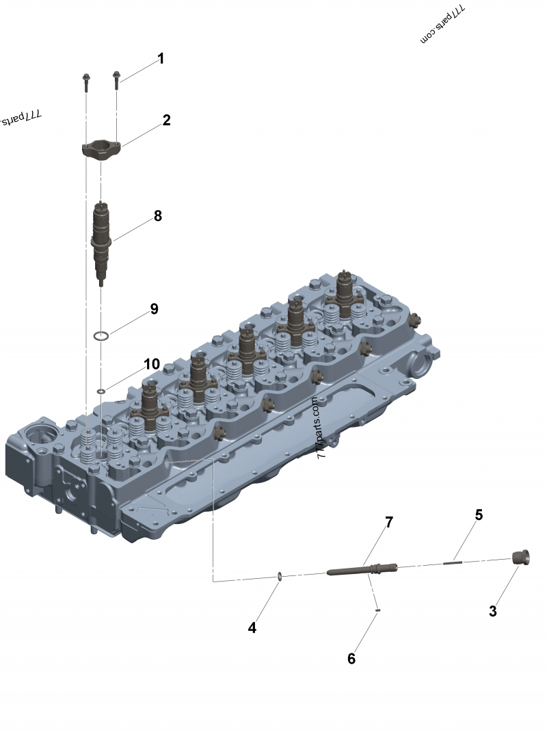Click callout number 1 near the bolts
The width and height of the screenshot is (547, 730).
tap(161, 59)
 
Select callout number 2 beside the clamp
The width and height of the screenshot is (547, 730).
tap(167, 120)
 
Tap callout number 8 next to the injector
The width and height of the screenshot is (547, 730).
tap(158, 216)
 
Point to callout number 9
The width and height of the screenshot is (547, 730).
tap(154, 309)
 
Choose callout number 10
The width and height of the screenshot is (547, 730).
tap(152, 364)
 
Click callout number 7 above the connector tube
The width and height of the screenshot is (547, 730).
tap(389, 523)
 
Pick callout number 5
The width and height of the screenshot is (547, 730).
tap(479, 515)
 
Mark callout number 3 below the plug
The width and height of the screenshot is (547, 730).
tap(492, 611)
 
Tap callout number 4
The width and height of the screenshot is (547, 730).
tap(252, 628)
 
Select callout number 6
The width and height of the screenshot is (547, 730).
tap(351, 659)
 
